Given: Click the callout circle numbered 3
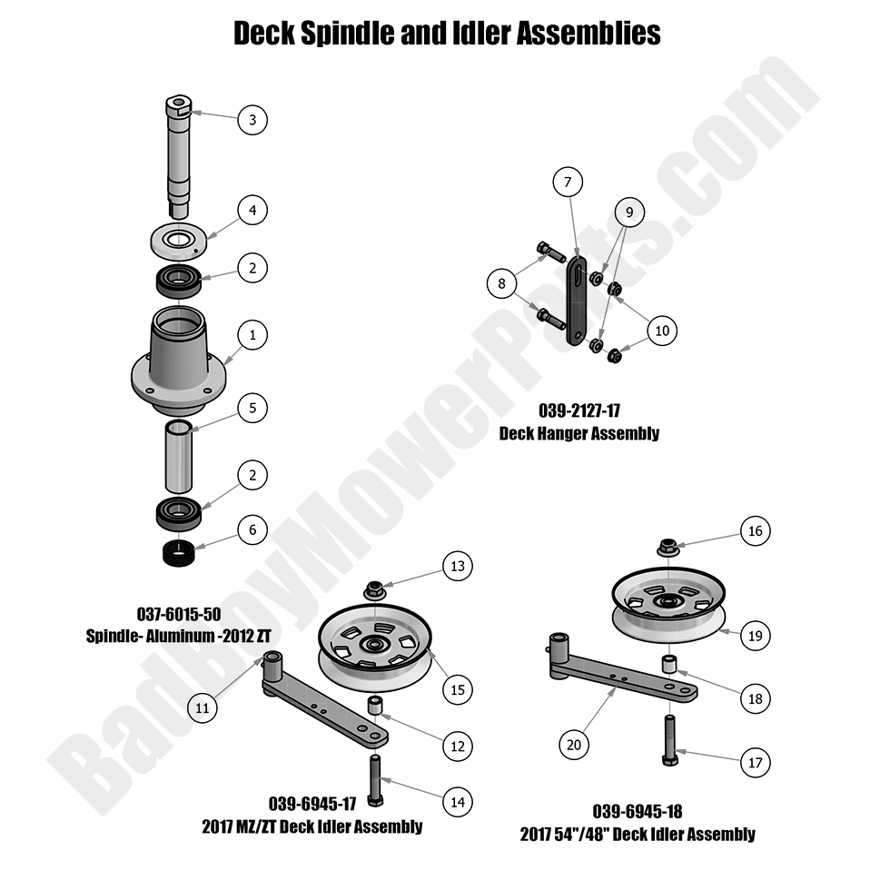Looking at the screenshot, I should point(252,119).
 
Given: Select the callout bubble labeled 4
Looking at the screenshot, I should point(252,211).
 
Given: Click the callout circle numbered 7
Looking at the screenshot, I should point(567,183).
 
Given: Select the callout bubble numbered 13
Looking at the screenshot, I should point(457,566).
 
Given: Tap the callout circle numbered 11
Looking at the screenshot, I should point(203,706).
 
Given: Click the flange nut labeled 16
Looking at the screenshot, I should point(667,548).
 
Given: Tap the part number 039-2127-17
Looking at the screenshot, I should point(579,411).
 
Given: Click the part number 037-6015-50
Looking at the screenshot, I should point(178,614).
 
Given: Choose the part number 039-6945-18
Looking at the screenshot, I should point(638,811).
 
